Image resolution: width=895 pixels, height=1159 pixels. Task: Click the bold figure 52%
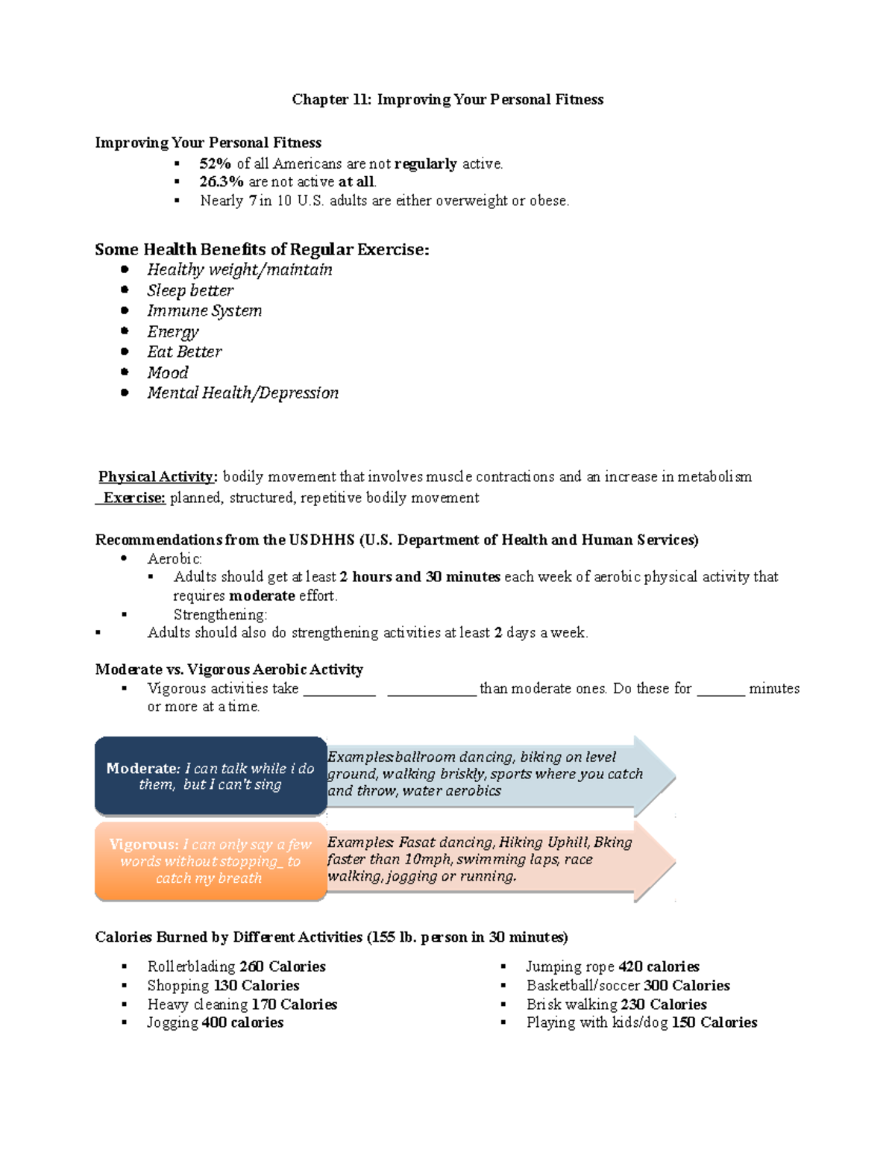point(215,163)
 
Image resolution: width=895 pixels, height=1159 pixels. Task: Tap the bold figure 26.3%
point(221,182)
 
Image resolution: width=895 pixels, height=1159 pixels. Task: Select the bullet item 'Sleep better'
point(190,290)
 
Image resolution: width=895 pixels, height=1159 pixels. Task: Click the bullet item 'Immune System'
point(204,310)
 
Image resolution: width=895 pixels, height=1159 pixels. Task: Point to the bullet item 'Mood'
point(168,372)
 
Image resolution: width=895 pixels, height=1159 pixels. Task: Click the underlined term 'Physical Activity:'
point(158,477)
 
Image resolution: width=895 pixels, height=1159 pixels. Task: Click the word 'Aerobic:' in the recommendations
point(175,559)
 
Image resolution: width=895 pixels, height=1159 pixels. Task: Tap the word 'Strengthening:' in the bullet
point(220,615)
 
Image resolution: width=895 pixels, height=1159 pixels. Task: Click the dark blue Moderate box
point(210,776)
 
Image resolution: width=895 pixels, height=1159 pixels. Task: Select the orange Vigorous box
point(210,861)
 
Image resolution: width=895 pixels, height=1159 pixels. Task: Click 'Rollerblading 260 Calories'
point(236,966)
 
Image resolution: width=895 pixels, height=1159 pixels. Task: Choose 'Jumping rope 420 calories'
point(612,966)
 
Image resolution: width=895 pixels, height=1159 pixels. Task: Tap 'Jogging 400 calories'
point(215,1022)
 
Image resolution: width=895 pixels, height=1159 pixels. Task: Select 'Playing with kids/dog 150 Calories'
point(641,1022)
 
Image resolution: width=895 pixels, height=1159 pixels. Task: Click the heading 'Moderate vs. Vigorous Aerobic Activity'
point(229,669)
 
